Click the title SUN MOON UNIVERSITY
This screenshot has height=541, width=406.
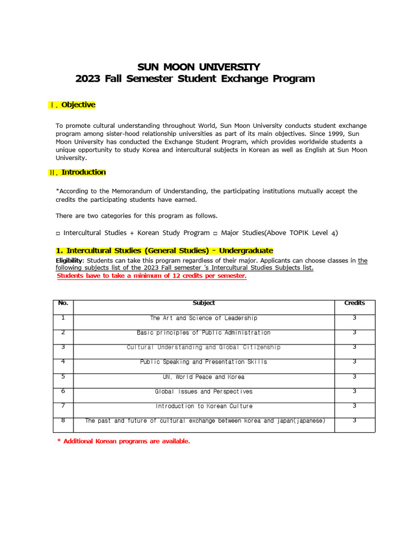click(199, 67)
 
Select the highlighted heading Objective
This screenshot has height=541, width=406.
click(78, 105)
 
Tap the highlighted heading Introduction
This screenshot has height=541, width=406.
click(83, 172)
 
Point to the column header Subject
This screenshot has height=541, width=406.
click(204, 303)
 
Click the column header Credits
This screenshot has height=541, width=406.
click(355, 303)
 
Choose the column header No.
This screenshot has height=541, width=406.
click(63, 303)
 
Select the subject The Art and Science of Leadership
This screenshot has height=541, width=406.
click(204, 318)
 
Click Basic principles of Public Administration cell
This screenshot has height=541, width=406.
click(204, 333)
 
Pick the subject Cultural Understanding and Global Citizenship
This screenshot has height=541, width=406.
click(204, 348)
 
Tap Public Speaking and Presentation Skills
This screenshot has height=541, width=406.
click(204, 362)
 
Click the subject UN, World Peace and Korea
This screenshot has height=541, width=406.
click(204, 377)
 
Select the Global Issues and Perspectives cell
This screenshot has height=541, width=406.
click(204, 392)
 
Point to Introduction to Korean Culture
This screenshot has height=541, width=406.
click(204, 406)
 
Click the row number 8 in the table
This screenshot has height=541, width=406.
click(63, 421)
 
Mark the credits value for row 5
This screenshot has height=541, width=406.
click(355, 377)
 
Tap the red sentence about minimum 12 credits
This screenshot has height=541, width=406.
click(151, 276)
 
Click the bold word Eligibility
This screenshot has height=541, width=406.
click(69, 260)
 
